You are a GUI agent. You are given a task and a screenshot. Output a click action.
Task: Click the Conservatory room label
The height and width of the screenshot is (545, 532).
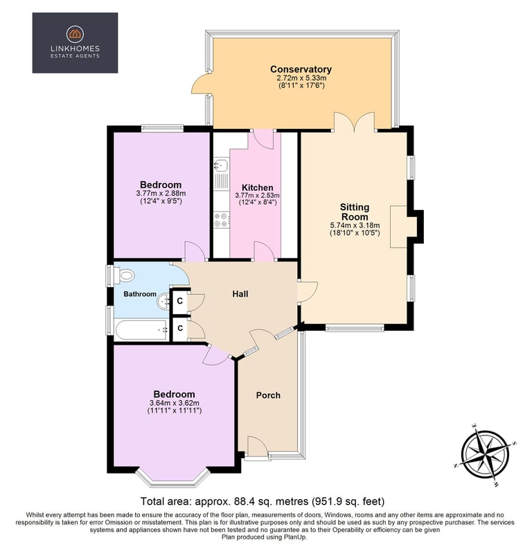click(301, 69)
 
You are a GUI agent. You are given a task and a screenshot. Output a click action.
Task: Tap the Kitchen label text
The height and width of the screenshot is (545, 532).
click(257, 187)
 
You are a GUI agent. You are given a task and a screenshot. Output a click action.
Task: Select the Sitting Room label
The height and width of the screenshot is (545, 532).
click(354, 211)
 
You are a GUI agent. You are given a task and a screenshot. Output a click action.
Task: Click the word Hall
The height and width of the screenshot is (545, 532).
click(240, 294)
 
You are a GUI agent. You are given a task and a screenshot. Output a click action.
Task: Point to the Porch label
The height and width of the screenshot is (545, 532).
click(268, 395)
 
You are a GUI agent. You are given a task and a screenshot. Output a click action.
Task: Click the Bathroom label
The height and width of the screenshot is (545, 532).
click(140, 294)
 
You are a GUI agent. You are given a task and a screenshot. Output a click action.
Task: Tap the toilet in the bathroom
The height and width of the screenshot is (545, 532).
click(125, 276)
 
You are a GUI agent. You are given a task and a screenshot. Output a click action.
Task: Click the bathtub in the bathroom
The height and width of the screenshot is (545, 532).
click(142, 330)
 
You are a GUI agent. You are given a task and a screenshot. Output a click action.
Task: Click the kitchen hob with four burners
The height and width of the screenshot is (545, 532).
click(221, 220)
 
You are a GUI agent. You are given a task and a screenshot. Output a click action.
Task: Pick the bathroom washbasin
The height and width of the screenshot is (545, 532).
click(163, 302)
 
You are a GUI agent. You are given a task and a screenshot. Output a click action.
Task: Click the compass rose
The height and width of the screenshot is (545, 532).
click(486, 454)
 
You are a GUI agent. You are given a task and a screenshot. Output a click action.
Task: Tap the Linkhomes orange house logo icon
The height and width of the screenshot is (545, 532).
click(75, 34)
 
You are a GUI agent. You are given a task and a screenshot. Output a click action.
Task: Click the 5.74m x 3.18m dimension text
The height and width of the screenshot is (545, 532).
click(355, 225)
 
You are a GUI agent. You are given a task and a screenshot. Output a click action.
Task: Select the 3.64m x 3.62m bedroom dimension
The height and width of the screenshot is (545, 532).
click(175, 403)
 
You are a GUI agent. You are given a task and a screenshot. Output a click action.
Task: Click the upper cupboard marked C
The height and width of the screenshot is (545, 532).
click(180, 301)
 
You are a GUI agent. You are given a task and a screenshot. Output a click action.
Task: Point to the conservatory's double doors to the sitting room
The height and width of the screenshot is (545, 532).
click(355, 122)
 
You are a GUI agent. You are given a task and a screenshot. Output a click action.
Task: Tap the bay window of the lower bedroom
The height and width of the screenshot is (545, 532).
click(172, 479)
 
